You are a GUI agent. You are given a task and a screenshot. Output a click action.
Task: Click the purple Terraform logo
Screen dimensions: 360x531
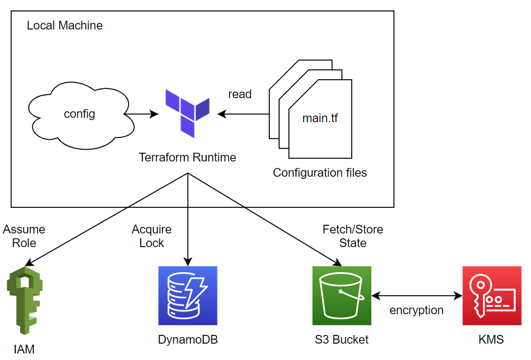pos(188,113)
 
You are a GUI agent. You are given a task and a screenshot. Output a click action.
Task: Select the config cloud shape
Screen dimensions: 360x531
pos(80,114)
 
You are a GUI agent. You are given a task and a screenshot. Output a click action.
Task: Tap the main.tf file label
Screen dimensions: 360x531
pos(320,117)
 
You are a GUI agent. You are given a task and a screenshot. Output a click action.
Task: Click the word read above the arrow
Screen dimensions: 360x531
pos(240,94)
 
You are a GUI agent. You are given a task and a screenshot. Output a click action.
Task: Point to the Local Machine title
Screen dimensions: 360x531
pos(64,26)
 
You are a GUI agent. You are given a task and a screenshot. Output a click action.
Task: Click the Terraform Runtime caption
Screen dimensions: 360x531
pos(188,158)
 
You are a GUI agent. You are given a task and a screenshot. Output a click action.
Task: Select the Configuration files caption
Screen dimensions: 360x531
pos(320,173)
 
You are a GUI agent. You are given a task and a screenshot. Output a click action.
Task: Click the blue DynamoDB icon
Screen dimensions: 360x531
pos(188,296)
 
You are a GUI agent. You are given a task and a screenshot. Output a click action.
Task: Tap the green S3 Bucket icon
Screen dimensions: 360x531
pos(342,296)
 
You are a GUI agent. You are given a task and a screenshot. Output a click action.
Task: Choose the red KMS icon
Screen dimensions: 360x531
pos(492,296)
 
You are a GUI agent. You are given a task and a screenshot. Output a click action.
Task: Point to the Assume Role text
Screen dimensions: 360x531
pos(24,236)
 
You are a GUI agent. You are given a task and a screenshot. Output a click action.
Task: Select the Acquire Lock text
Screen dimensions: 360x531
pos(152,236)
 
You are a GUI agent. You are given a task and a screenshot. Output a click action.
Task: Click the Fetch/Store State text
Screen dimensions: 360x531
pos(353,236)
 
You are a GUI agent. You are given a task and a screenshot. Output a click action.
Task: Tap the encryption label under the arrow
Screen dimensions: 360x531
pos(417,310)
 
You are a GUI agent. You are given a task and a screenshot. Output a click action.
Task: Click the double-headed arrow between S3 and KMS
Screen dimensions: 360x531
pos(417,296)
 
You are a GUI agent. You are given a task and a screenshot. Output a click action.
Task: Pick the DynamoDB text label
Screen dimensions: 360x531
pos(188,340)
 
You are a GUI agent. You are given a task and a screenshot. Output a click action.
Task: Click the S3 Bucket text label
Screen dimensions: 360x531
pos(342,340)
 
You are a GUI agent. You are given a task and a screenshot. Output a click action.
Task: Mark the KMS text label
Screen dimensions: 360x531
pos(491,340)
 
